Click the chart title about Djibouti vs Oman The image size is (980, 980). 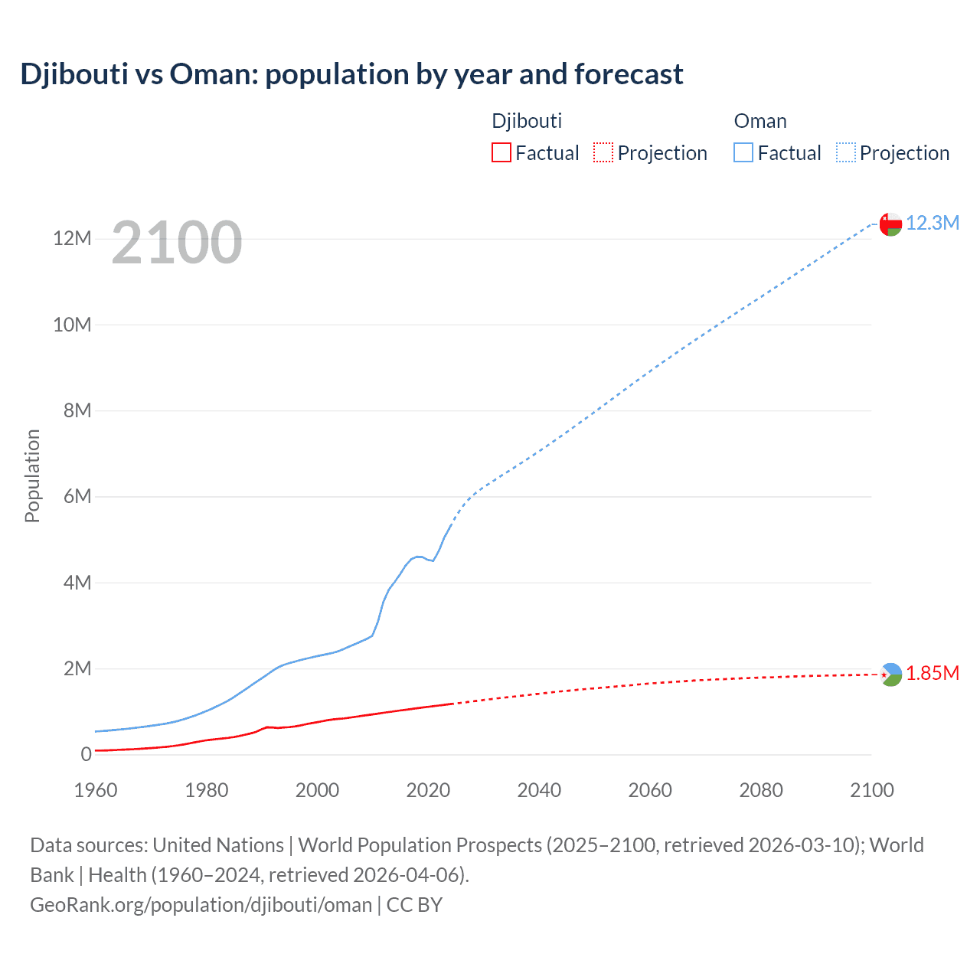click(x=351, y=74)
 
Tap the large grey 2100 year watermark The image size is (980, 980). click(x=177, y=243)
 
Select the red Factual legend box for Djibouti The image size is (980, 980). click(x=501, y=152)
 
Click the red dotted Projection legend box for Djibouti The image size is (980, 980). click(x=603, y=152)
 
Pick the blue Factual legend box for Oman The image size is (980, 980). click(x=743, y=152)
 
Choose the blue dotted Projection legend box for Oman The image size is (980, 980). click(x=846, y=152)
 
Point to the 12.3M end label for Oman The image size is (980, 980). click(x=933, y=223)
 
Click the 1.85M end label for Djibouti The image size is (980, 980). click(x=933, y=673)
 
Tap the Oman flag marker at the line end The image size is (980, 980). click(x=890, y=224)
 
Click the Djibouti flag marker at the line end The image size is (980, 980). click(x=890, y=675)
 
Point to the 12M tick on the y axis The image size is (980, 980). click(x=72, y=239)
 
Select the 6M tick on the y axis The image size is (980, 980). click(x=77, y=497)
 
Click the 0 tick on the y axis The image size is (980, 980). click(x=86, y=755)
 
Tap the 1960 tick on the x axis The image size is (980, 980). click(x=96, y=790)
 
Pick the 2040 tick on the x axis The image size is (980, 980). click(x=539, y=790)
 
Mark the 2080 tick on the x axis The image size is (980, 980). click(x=761, y=790)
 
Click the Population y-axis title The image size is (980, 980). click(x=32, y=475)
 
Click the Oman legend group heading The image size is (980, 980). click(x=760, y=121)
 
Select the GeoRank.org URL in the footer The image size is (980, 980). click(x=201, y=905)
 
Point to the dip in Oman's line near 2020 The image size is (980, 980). click(x=433, y=560)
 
